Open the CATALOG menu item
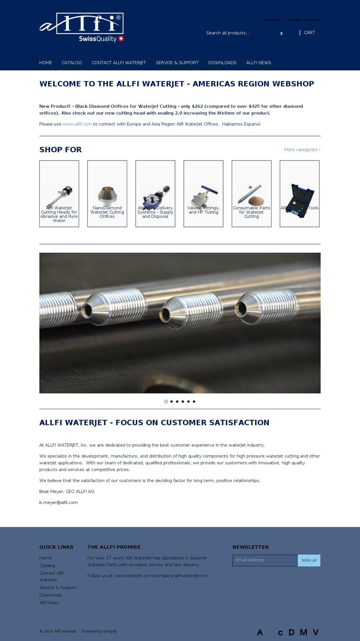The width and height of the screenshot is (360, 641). point(72,63)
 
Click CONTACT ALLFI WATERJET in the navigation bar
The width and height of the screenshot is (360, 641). point(118,63)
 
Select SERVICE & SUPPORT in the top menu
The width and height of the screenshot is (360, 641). point(177,63)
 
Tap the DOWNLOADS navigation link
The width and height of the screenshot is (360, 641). point(222,63)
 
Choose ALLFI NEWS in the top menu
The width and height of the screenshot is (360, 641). point(258,63)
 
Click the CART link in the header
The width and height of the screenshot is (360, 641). point(309,33)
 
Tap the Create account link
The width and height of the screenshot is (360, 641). point(303,20)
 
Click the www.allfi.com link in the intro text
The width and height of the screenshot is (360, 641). point(77,124)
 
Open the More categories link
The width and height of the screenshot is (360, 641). point(302,150)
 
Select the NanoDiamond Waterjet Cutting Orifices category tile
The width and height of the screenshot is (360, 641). point(107,194)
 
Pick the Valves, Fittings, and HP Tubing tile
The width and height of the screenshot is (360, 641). point(203,194)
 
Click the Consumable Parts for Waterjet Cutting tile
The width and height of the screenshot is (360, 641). point(251,194)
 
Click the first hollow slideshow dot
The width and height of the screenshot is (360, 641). point(166,402)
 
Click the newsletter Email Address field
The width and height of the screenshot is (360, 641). point(265,560)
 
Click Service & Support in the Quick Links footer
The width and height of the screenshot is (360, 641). point(58,588)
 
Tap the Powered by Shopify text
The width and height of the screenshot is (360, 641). point(99,631)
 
